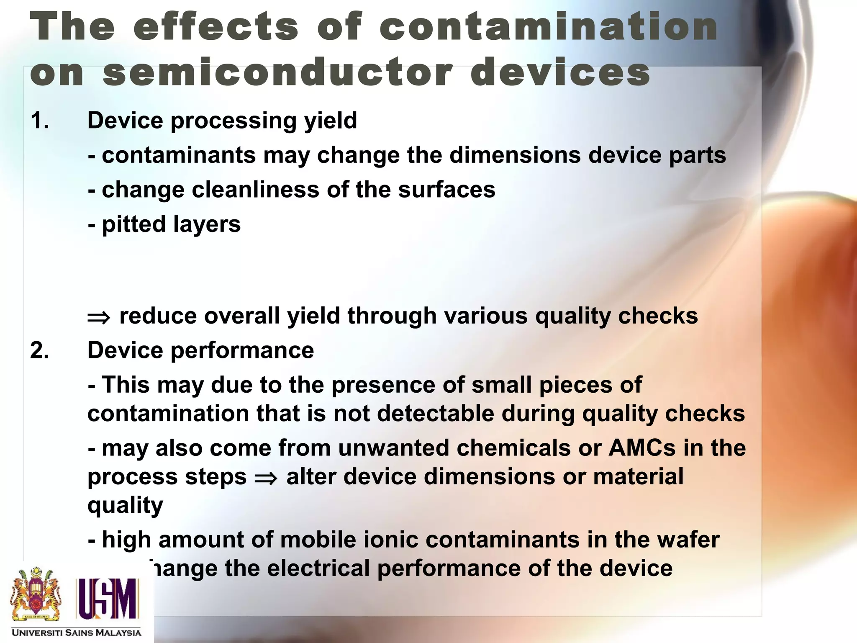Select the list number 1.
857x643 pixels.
click(39, 121)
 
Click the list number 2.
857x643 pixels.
click(39, 350)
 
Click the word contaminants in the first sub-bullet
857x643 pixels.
click(179, 155)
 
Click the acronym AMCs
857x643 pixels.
click(642, 448)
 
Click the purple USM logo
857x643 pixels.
click(107, 598)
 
